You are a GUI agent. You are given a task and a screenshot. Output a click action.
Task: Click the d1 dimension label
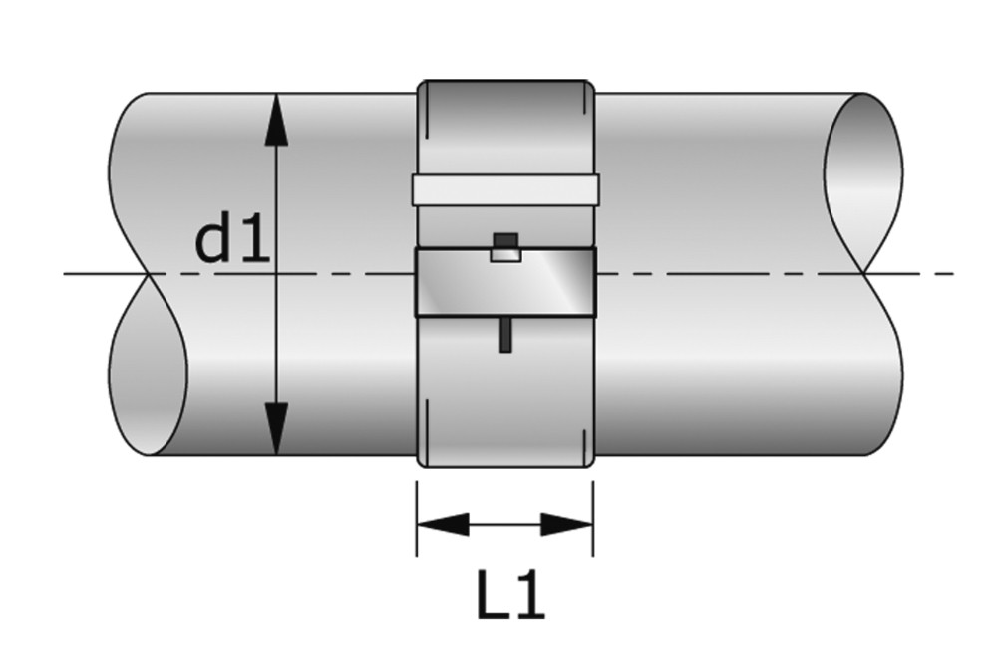(x=232, y=241)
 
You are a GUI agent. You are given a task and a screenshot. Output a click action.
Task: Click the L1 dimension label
(x=510, y=597)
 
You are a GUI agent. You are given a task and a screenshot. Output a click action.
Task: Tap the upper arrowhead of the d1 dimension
(x=276, y=122)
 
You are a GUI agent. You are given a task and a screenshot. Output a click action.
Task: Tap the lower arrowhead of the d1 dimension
(x=276, y=428)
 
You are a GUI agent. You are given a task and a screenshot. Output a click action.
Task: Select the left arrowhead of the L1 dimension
(x=443, y=525)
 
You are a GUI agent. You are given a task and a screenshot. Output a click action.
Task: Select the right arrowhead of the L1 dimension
(x=567, y=525)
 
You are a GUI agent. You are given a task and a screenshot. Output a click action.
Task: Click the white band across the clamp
(x=505, y=189)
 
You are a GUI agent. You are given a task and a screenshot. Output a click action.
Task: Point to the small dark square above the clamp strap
(x=505, y=241)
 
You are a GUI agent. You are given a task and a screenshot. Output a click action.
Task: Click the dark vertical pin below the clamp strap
(x=505, y=334)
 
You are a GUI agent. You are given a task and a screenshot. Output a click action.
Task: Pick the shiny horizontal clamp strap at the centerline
(x=505, y=282)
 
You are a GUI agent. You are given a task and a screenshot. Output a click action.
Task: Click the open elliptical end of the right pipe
(x=863, y=183)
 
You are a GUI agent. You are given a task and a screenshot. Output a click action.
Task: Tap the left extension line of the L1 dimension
(x=417, y=517)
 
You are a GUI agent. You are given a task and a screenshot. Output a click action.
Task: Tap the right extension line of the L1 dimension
(x=593, y=517)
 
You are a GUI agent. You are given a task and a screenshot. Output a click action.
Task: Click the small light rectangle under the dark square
(x=505, y=255)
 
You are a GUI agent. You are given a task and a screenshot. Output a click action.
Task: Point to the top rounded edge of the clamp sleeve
(x=505, y=82)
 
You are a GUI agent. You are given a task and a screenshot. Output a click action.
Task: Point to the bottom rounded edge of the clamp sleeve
(x=505, y=465)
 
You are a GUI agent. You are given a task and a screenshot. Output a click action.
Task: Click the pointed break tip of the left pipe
(x=149, y=274)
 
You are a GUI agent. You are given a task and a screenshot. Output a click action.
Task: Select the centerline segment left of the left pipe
(x=106, y=274)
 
